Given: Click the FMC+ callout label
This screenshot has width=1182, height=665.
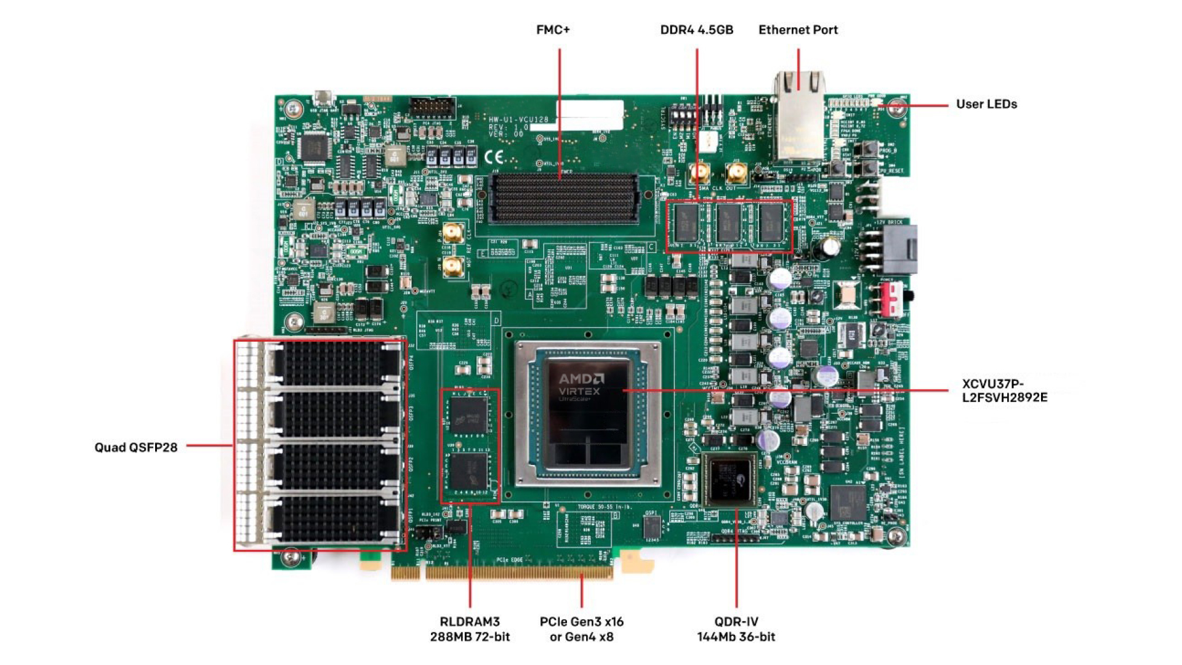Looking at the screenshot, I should tap(553, 30).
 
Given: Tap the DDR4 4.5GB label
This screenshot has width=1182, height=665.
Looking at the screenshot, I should tap(696, 30).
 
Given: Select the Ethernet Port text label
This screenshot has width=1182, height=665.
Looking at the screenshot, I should tap(798, 30).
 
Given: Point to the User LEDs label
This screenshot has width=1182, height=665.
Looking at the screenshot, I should tap(986, 104).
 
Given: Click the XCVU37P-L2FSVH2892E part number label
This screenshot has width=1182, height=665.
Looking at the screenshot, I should tap(1005, 390).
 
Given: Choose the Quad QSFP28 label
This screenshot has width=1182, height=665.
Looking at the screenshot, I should tap(135, 448).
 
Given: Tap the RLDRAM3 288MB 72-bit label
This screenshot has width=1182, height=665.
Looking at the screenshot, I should tap(470, 629).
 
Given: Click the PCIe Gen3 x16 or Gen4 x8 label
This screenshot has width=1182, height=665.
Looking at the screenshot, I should tap(581, 629).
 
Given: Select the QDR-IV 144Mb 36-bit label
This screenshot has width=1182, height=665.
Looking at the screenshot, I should tap(736, 629).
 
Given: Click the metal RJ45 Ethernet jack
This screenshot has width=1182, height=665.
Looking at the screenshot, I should tap(799, 117).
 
